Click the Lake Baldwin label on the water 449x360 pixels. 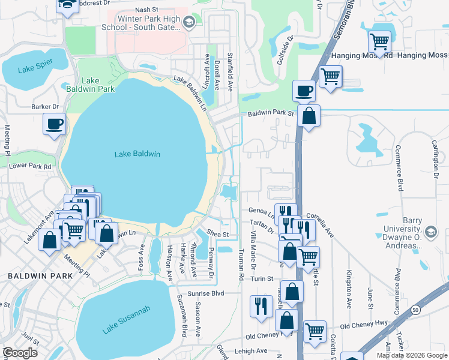click(137, 154)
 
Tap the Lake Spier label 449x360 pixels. click(35, 68)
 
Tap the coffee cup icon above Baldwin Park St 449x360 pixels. click(304, 91)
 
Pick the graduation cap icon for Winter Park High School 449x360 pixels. click(189, 23)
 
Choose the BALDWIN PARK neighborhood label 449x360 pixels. click(40, 276)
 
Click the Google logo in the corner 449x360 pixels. click(20, 353)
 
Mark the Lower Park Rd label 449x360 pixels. click(30, 165)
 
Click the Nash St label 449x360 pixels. click(146, 10)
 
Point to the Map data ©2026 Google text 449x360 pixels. click(411, 355)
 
